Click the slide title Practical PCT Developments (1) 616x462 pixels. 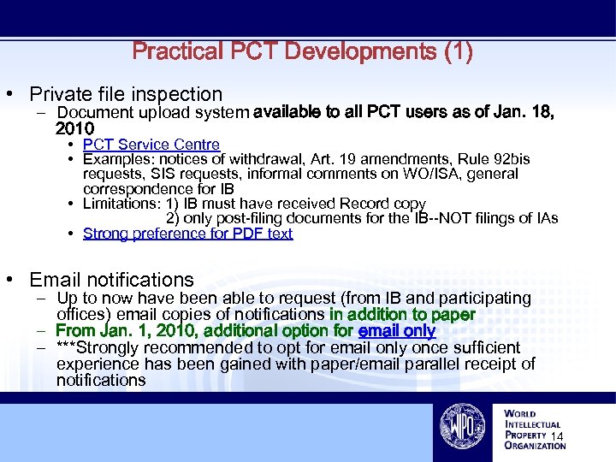click(x=302, y=51)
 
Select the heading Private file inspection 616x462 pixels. click(x=125, y=94)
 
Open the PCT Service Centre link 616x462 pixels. click(x=151, y=145)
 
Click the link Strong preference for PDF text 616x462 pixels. click(x=187, y=234)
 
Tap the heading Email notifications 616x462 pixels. click(x=111, y=280)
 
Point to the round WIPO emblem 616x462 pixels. click(x=463, y=426)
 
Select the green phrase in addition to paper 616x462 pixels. click(x=402, y=315)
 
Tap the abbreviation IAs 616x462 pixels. click(x=544, y=218)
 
